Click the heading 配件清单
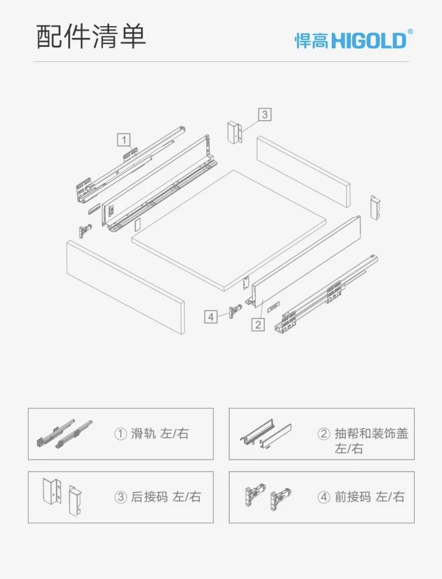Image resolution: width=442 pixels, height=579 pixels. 91,36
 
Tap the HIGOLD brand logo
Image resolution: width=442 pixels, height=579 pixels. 354,40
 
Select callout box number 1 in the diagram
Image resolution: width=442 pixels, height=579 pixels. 124,140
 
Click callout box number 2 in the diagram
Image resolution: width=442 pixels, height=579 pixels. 258,324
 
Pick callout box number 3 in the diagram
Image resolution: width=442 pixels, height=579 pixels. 265,115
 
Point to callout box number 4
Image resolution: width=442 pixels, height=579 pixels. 211,317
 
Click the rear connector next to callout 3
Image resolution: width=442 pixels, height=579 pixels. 235,132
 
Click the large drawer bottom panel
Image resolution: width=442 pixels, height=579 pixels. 229,230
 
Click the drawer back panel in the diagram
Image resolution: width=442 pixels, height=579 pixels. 304,172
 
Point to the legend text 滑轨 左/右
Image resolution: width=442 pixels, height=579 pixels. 160,434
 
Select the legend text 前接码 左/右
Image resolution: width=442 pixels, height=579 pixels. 370,497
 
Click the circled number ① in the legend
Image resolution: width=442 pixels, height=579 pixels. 121,434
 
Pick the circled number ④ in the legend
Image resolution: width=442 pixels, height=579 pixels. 324,497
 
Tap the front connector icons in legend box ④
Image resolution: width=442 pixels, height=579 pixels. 268,497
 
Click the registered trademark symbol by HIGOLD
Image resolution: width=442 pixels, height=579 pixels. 410,32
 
